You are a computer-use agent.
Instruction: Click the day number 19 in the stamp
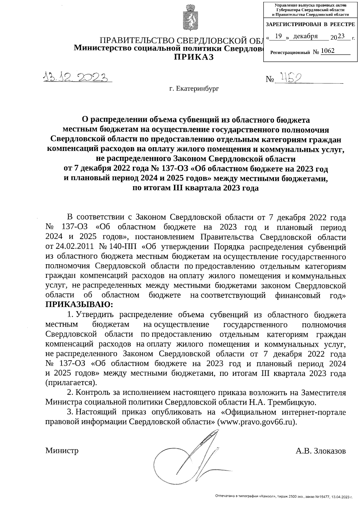tap(278, 36)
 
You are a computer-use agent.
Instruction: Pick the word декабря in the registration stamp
tap(305, 36)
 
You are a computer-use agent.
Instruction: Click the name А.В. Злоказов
tap(320, 451)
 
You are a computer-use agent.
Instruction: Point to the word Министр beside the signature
tap(62, 450)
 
